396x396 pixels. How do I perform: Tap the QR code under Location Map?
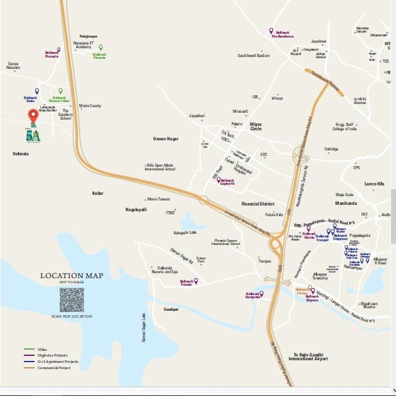[72, 300]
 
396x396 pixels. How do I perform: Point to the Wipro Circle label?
[255, 126]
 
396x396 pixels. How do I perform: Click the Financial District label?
[259, 204]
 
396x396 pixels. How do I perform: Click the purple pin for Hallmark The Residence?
[270, 31]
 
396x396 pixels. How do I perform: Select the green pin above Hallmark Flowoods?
[100, 48]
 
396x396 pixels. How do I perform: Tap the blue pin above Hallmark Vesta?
[36, 91]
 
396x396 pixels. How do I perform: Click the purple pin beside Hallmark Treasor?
[196, 281]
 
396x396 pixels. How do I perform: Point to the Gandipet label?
[171, 310]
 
